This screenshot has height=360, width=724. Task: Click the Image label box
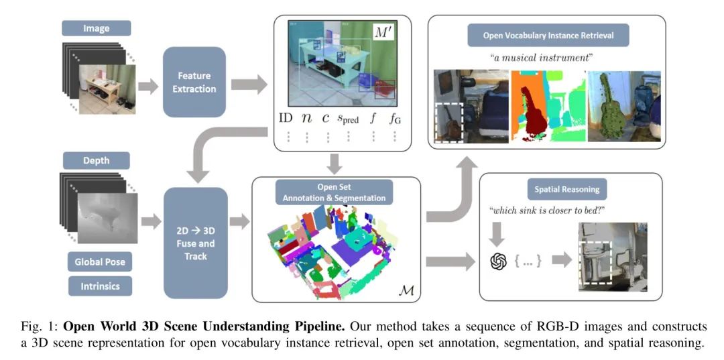pos(96,28)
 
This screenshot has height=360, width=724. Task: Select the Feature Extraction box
pos(194,82)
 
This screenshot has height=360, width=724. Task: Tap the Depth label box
pos(96,160)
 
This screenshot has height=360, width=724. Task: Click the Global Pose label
pos(100,261)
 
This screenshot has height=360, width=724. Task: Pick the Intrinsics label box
pos(100,286)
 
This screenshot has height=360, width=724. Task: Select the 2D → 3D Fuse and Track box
pos(196,242)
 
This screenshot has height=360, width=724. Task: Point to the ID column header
pos(286,118)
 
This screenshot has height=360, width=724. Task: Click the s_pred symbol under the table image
pos(348,119)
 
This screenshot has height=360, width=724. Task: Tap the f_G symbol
pos(395,119)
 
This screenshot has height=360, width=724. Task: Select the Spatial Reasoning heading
pos(567,189)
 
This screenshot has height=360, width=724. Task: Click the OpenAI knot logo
pos(497,261)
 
